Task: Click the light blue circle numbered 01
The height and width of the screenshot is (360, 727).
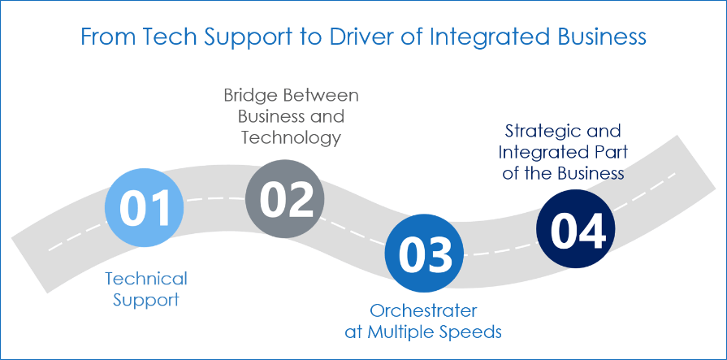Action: click(145, 207)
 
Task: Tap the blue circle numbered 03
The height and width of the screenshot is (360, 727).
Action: click(423, 254)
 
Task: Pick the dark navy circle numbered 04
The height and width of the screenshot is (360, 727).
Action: click(577, 229)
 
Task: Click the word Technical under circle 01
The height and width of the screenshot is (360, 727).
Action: click(146, 279)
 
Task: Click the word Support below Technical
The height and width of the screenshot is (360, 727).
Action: click(146, 300)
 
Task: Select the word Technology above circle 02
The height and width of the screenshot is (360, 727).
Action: click(291, 137)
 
